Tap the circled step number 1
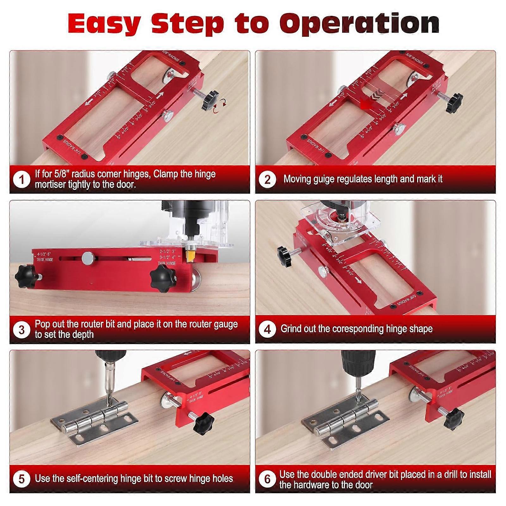pyautogui.click(x=22, y=180)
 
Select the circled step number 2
pyautogui.click(x=267, y=180)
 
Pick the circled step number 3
pyautogui.click(x=22, y=330)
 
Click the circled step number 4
pyautogui.click(x=267, y=329)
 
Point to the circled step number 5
pyautogui.click(x=22, y=478)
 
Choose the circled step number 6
pyautogui.click(x=267, y=479)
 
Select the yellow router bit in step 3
pyautogui.click(x=190, y=255)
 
